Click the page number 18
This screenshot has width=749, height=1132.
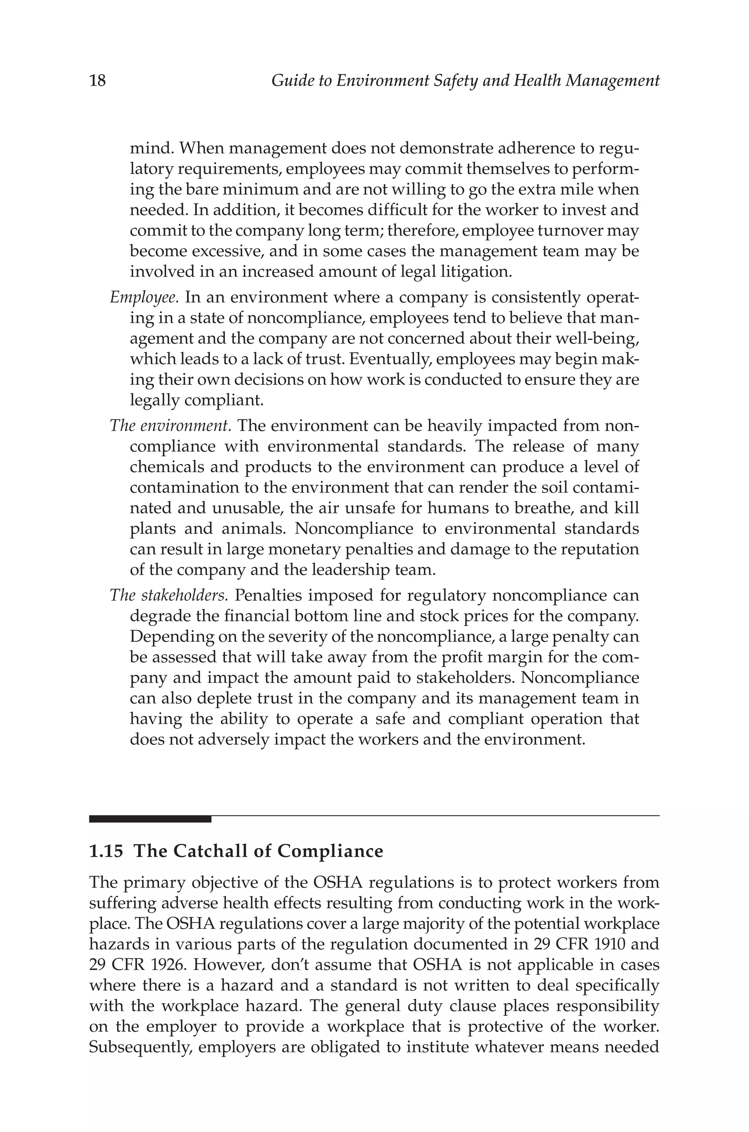click(x=97, y=80)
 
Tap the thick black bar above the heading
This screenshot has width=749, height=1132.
click(x=150, y=819)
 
